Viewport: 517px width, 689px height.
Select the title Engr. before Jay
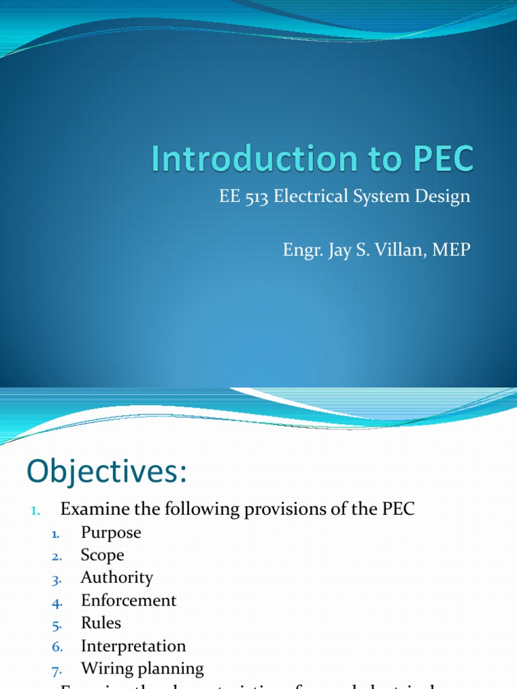[302, 250]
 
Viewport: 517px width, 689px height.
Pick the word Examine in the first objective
[92, 509]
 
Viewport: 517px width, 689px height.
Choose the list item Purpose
[111, 533]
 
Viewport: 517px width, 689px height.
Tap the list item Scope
[102, 555]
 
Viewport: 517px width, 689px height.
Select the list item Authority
[116, 578]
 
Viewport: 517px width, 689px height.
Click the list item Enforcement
[129, 601]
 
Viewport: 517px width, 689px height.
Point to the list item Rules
[101, 623]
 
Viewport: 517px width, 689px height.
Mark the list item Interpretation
[133, 647]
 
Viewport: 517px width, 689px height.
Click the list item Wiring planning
[142, 669]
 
